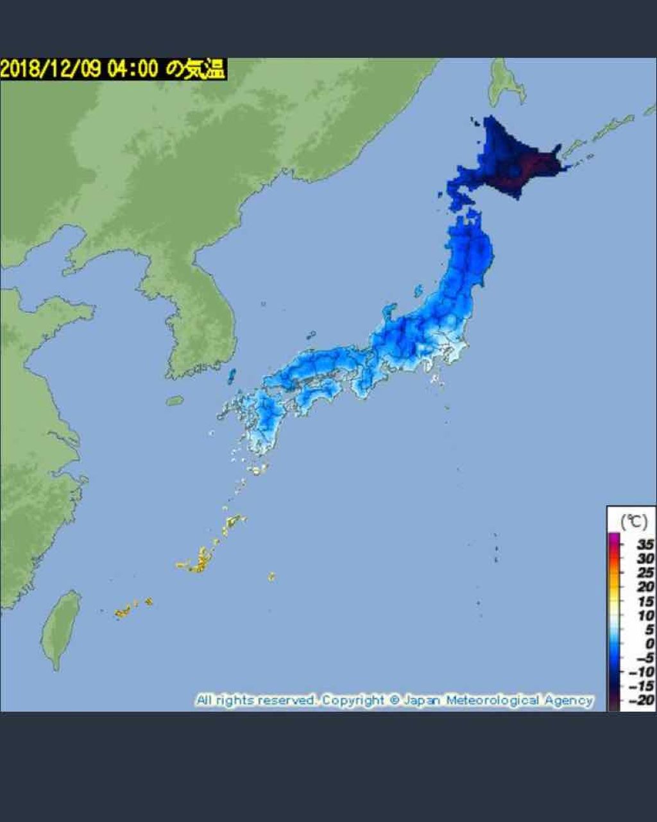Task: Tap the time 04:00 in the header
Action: tap(132, 69)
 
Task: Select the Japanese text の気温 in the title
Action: tap(195, 69)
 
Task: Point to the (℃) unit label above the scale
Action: tap(633, 522)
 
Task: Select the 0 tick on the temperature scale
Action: tap(649, 644)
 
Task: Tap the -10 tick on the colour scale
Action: tap(642, 672)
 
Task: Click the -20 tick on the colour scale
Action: tap(642, 700)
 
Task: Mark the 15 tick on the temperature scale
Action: tap(645, 601)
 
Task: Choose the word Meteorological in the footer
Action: tap(492, 700)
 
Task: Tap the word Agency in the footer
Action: tap(568, 700)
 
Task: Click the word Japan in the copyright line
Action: tap(422, 700)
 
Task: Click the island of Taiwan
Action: tap(60, 629)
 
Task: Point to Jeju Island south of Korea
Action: tap(175, 401)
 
